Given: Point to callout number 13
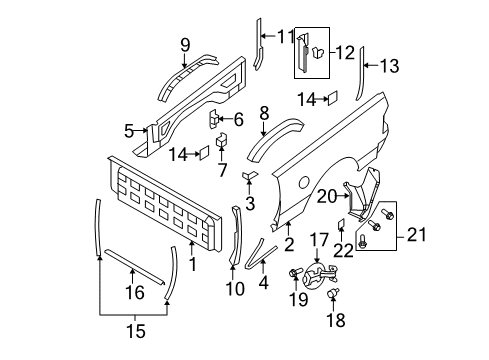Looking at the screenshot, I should click(x=389, y=67).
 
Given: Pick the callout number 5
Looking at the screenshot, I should click(x=129, y=130).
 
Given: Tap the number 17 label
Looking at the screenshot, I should click(x=318, y=266).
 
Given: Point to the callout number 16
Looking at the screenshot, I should click(x=133, y=293).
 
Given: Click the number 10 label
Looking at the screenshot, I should click(x=236, y=289).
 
